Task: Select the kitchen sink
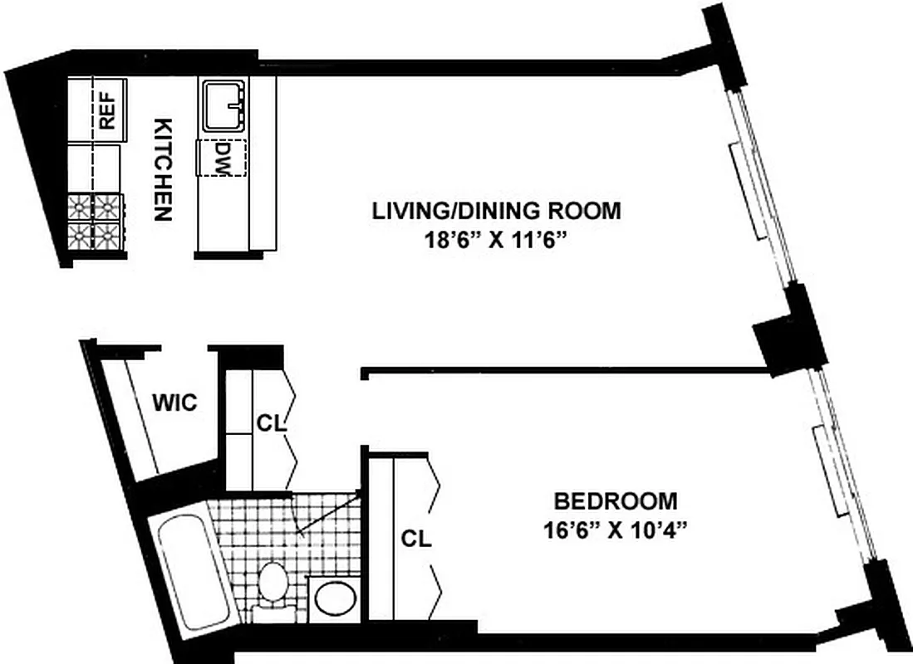click(223, 105)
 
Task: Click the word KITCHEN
click(163, 169)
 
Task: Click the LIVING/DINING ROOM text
click(496, 211)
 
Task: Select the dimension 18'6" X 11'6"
click(496, 242)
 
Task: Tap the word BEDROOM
click(616, 501)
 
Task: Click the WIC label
click(175, 403)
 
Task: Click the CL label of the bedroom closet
click(415, 539)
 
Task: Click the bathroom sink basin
click(334, 598)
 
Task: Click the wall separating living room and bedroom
click(565, 371)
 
